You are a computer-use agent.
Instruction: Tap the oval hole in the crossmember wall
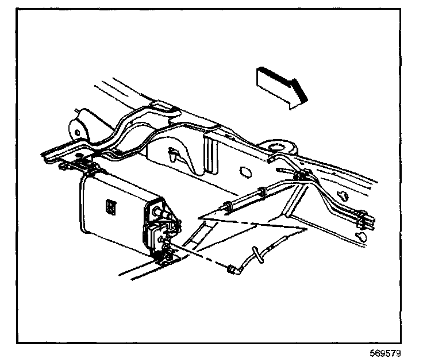[x=243, y=171]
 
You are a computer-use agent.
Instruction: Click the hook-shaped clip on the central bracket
[x=174, y=155]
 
